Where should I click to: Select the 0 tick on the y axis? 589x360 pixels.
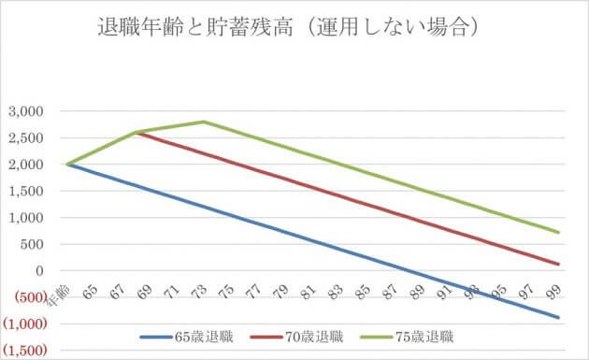click(40, 272)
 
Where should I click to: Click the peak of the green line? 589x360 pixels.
click(204, 122)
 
